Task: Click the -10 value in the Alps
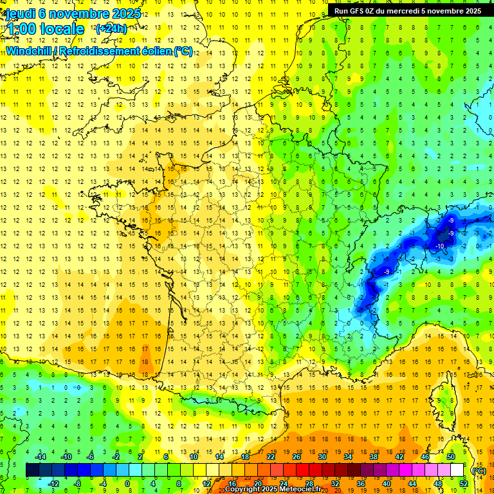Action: [x=441, y=246]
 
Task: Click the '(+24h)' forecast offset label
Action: [x=111, y=28]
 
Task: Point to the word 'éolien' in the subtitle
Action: [x=152, y=51]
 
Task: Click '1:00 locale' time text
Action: [x=45, y=29]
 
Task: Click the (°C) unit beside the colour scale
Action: [x=479, y=471]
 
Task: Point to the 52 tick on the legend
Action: [x=463, y=483]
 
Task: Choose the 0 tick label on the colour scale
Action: [x=127, y=483]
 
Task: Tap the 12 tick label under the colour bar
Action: [x=206, y=483]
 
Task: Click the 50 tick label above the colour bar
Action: [x=451, y=457]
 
